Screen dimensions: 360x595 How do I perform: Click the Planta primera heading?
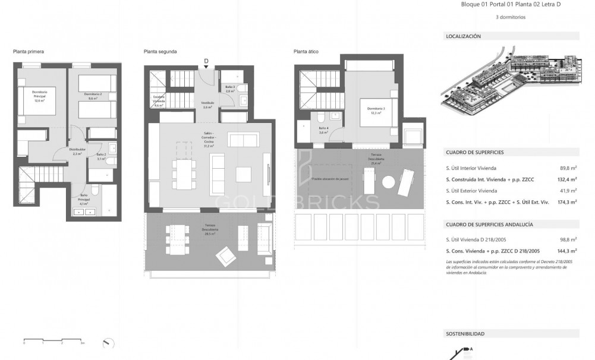point(28,52)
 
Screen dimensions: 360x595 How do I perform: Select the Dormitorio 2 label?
point(93,96)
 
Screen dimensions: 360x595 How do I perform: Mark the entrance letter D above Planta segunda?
point(206,61)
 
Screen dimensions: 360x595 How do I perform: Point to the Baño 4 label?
point(323,130)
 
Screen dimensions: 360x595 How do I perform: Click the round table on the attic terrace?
point(389,181)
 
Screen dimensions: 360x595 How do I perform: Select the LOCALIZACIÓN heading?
point(463,36)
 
